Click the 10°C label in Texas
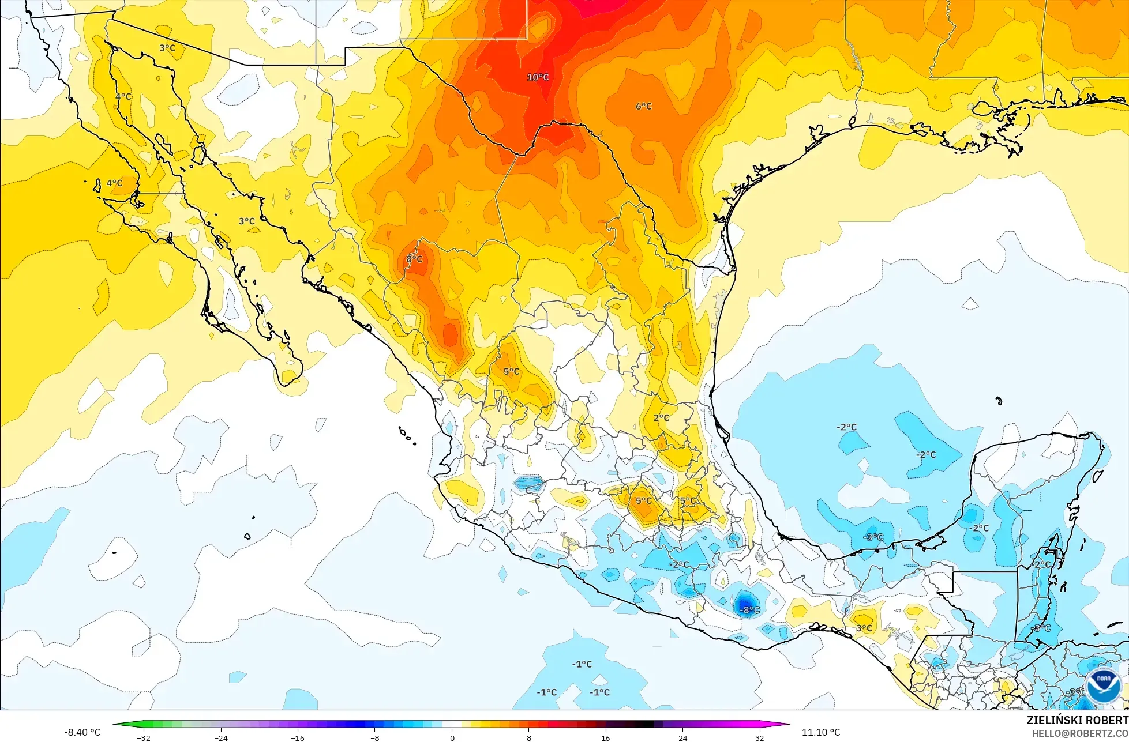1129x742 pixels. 538,77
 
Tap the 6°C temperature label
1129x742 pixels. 644,106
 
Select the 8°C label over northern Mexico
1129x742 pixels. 414,259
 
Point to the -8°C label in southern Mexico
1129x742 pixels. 750,610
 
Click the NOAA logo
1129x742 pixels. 1103,686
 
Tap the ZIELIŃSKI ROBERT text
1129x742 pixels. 1077,720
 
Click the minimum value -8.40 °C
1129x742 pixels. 82,732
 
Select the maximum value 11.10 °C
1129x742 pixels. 821,732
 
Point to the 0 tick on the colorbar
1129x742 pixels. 452,737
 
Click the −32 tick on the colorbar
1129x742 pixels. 144,737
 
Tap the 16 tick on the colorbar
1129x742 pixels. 605,737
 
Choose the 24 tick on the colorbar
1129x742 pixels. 682,737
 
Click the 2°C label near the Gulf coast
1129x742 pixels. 661,418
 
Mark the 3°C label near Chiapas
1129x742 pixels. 864,628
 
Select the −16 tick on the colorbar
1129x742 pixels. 297,737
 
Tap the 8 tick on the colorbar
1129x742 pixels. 528,737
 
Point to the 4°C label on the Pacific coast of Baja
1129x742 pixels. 114,183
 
